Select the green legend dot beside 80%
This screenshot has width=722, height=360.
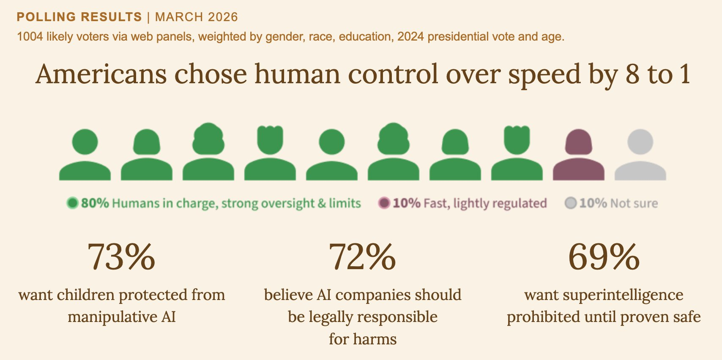pos(73,203)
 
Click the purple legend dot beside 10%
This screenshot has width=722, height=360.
pos(384,203)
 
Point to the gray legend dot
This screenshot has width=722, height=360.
pos(571,203)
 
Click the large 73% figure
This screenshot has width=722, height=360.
pos(121,257)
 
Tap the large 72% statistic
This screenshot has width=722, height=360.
pos(362,257)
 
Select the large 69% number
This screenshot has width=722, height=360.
pos(604,257)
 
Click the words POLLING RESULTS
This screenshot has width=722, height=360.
pos(79,17)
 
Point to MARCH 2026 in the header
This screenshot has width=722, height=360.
pos(196,17)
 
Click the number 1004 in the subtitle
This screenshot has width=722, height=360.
pos(30,37)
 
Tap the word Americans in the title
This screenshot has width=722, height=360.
pos(101,74)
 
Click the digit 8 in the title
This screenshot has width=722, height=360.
pos(632,74)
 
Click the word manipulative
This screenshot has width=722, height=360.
pos(112,317)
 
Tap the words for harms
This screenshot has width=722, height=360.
pos(363,339)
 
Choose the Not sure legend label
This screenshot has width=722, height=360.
pos(634,203)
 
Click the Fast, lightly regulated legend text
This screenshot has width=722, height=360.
pos(485,204)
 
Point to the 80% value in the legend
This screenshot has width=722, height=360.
pos(95,203)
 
